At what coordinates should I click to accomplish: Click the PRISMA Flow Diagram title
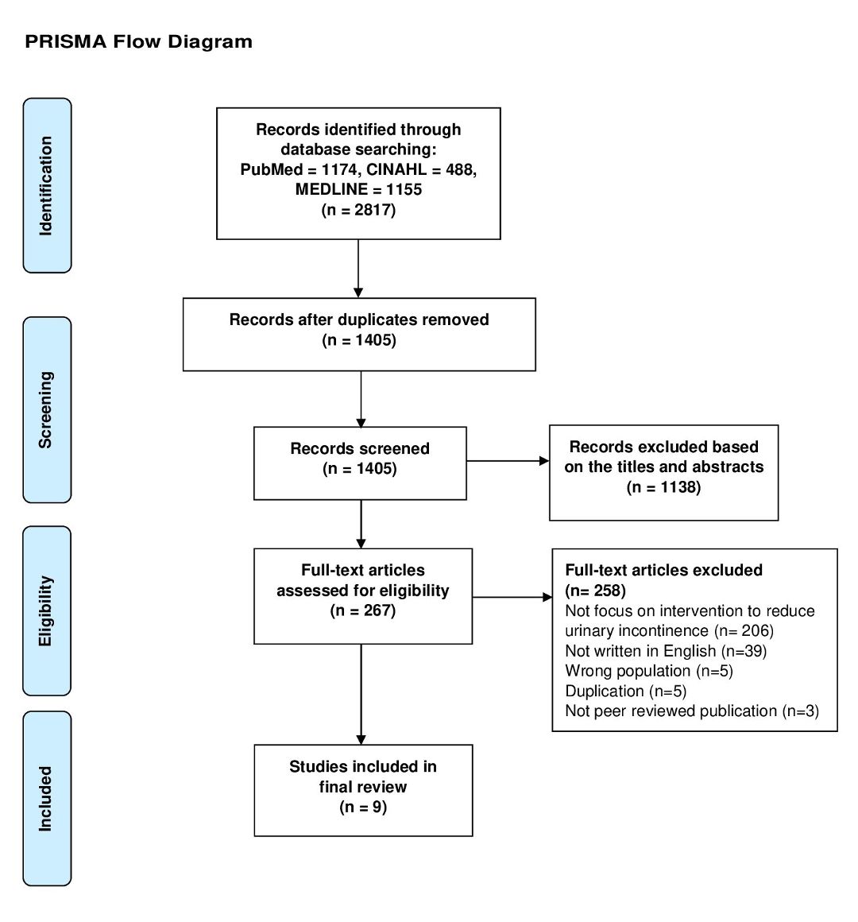(x=139, y=42)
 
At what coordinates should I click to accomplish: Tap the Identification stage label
(x=46, y=186)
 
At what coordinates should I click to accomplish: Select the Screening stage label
(x=46, y=410)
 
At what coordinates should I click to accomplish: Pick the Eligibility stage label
(x=46, y=611)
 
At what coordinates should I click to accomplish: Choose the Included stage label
(x=46, y=799)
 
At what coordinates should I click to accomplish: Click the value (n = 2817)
(x=358, y=210)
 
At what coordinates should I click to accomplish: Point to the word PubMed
(x=271, y=170)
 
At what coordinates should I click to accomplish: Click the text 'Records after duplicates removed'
(x=359, y=320)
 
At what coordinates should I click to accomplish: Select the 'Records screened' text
(x=360, y=448)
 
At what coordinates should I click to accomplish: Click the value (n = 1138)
(x=663, y=487)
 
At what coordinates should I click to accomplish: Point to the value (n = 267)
(x=362, y=611)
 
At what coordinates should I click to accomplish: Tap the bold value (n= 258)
(x=595, y=591)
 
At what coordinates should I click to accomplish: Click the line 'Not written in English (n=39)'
(x=666, y=651)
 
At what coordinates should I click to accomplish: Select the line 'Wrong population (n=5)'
(x=649, y=671)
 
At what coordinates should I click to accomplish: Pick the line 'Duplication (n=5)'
(x=626, y=691)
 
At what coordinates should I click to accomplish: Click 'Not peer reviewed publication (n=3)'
(x=692, y=711)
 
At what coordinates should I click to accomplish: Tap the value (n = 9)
(x=362, y=807)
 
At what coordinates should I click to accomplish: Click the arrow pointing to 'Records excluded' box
(x=508, y=461)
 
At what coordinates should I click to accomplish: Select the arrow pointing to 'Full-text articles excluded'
(x=512, y=598)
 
